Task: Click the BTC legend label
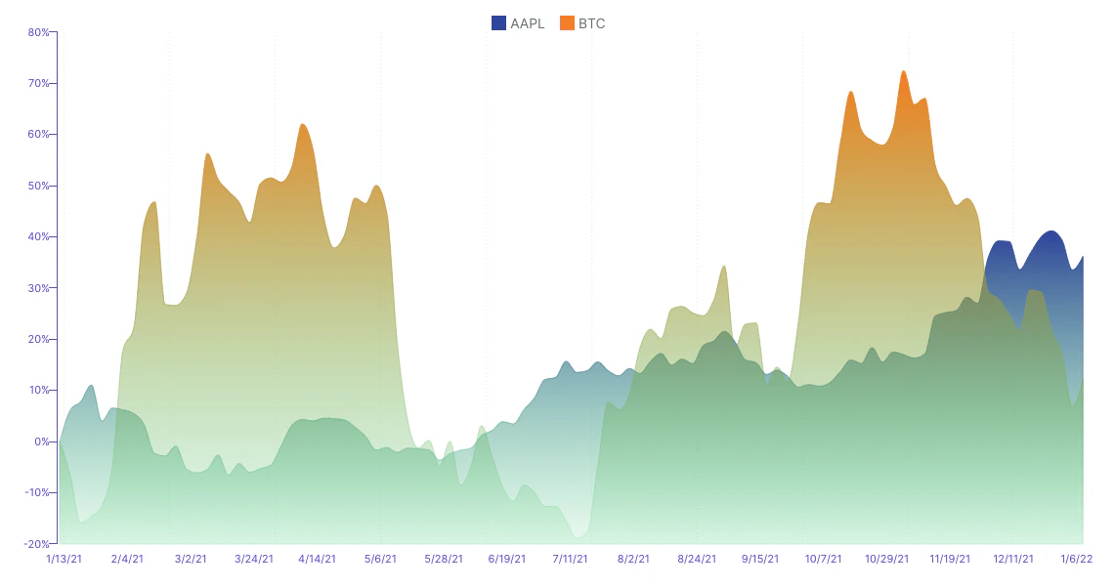click(592, 23)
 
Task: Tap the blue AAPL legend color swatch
click(498, 23)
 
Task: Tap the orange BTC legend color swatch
click(567, 23)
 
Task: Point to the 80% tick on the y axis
click(39, 32)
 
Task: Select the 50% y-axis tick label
click(39, 186)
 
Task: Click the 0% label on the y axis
click(42, 441)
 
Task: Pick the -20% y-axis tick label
click(37, 544)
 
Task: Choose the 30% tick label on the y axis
click(39, 288)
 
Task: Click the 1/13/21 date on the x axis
click(64, 560)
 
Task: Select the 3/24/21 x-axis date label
click(253, 560)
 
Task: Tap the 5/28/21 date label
click(443, 560)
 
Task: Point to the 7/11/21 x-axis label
click(570, 560)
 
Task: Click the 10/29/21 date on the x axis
click(886, 560)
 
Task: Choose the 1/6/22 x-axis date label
click(1076, 560)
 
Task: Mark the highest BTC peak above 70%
click(904, 71)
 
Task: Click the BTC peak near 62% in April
click(303, 124)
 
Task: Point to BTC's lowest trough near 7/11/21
click(579, 536)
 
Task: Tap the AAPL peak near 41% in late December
click(1051, 231)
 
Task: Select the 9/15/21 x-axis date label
click(759, 560)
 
